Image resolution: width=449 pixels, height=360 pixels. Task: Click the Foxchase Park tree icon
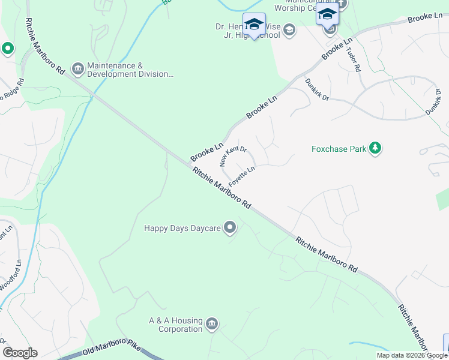pos(375,148)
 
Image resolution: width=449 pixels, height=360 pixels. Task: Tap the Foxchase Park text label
pos(339,149)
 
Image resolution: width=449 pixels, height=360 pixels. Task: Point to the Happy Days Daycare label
pos(182,228)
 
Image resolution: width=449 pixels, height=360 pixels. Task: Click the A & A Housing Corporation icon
pos(211,325)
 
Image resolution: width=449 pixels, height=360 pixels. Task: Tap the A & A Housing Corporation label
pos(176,325)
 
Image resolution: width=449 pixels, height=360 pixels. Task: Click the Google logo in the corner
pos(20,353)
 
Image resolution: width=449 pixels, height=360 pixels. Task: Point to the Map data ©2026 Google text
pos(411,355)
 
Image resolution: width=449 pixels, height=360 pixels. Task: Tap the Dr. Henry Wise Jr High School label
pos(248,31)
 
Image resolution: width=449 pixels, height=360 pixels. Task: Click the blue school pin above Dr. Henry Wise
pos(254,25)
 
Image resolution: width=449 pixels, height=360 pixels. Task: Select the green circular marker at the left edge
pos(7,48)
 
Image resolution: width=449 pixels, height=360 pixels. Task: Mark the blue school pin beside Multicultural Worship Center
pos(327,14)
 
